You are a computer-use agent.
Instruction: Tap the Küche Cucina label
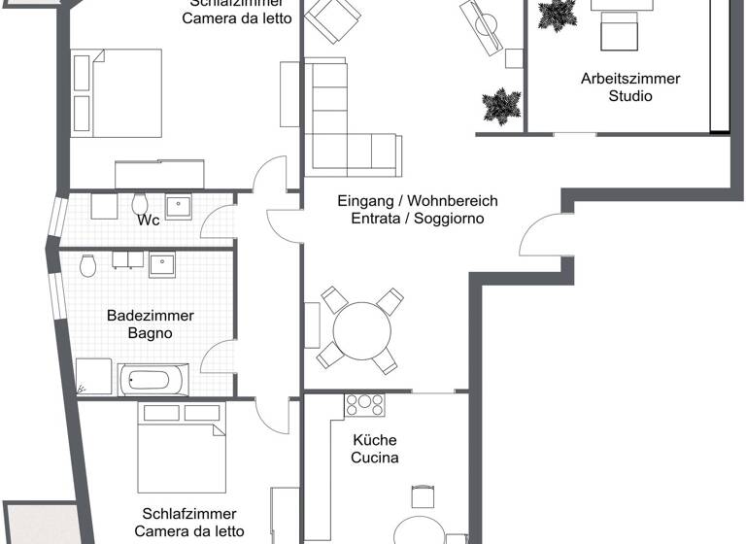point(375,448)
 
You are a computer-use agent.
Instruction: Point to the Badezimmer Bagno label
point(150,324)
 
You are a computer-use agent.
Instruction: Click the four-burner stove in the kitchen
point(365,405)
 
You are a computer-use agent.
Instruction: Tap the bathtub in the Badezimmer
point(153,380)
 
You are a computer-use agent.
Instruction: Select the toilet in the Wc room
point(140,204)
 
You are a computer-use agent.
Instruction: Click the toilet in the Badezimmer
point(88,264)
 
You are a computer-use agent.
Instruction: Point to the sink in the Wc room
point(178,206)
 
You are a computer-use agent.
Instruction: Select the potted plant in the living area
point(501,106)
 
